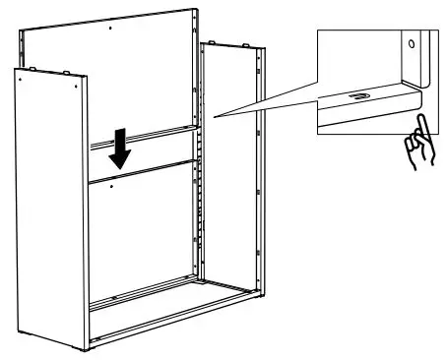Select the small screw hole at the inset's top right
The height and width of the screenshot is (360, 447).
(x=412, y=44)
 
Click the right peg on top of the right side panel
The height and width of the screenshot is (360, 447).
(x=244, y=44)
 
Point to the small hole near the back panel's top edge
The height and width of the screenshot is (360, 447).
(x=111, y=29)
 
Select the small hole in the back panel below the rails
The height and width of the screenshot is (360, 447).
(x=114, y=185)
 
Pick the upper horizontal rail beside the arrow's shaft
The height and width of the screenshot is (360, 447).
(x=158, y=137)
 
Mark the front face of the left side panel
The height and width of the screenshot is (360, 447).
(x=49, y=216)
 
